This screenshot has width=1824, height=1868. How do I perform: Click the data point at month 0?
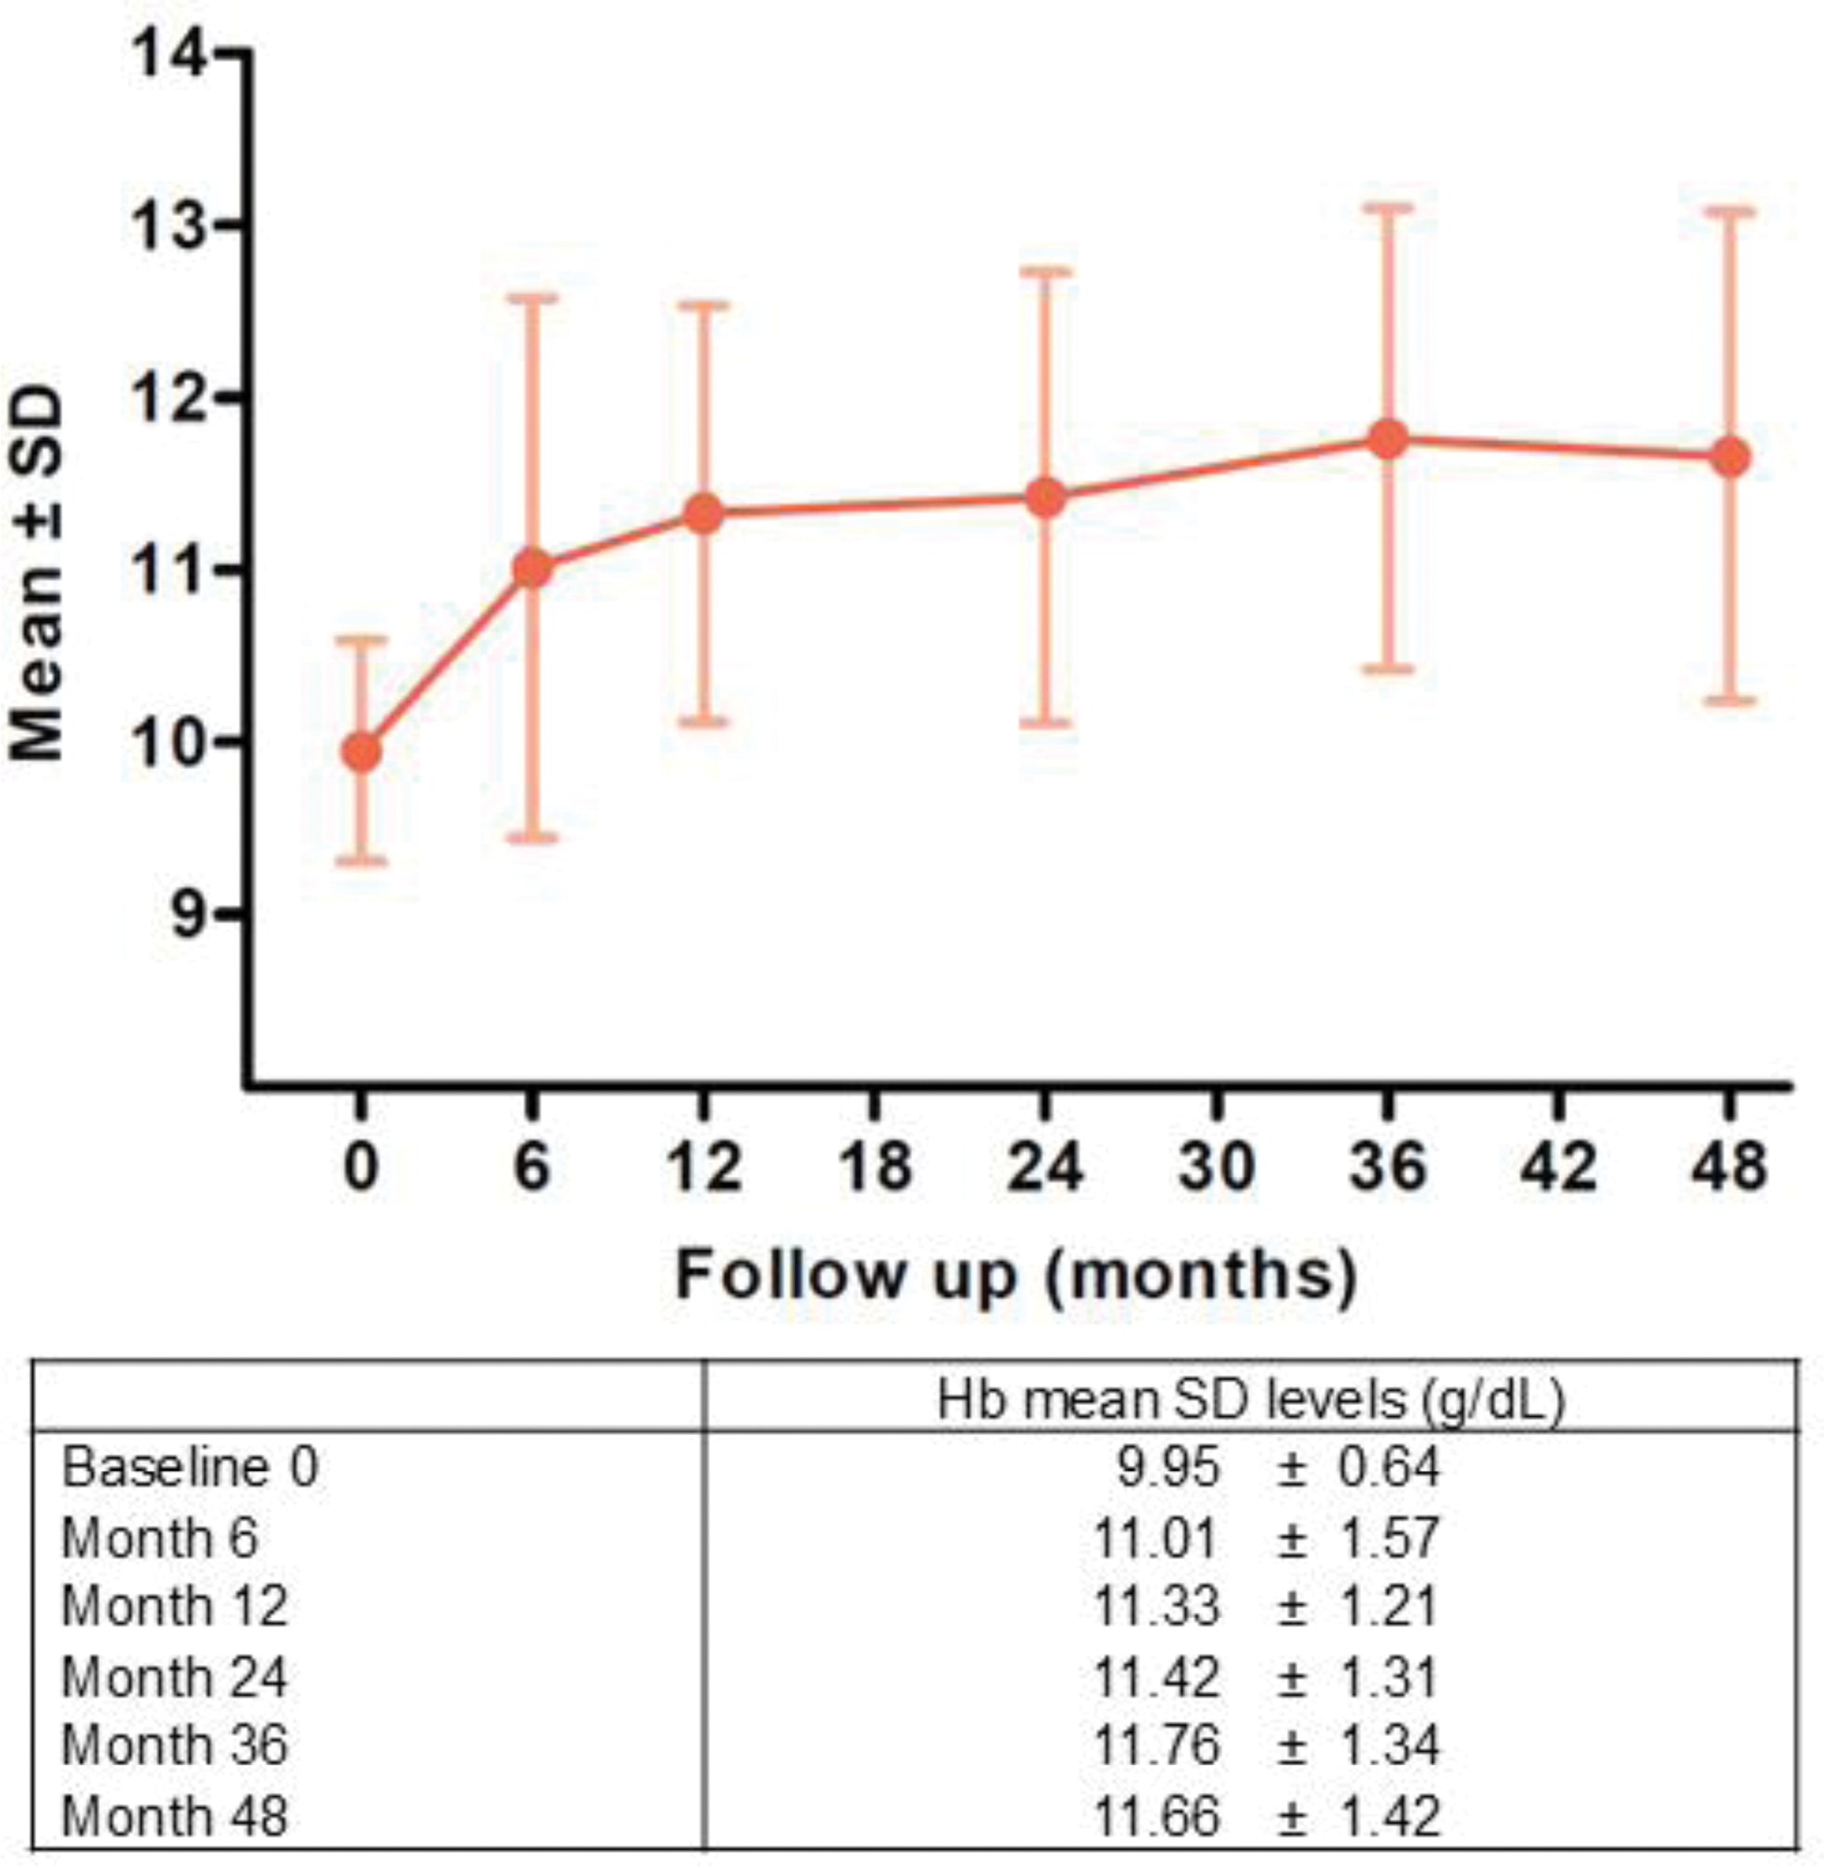point(361,752)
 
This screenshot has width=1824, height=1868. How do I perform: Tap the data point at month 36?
point(1388,440)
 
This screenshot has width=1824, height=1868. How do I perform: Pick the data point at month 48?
point(1730,456)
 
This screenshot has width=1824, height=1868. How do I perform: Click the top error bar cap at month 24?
point(1045,271)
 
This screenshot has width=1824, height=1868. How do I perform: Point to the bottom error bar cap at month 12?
point(704,721)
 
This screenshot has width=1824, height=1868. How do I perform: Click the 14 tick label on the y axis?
point(170,54)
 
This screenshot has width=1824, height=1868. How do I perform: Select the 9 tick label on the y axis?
point(190,915)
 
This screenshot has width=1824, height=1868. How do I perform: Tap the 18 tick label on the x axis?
point(875,1167)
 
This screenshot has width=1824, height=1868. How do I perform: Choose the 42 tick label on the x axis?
point(1558,1167)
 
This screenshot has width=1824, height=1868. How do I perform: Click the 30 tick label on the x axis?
point(1217,1167)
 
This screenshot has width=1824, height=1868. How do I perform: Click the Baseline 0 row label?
point(190,1469)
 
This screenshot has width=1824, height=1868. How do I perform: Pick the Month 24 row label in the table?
point(174,1677)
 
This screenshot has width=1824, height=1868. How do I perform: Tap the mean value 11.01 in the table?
point(1155,1538)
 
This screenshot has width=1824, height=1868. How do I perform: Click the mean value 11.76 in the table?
point(1156,1745)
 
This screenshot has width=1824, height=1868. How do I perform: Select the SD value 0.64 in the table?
point(1389,1469)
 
